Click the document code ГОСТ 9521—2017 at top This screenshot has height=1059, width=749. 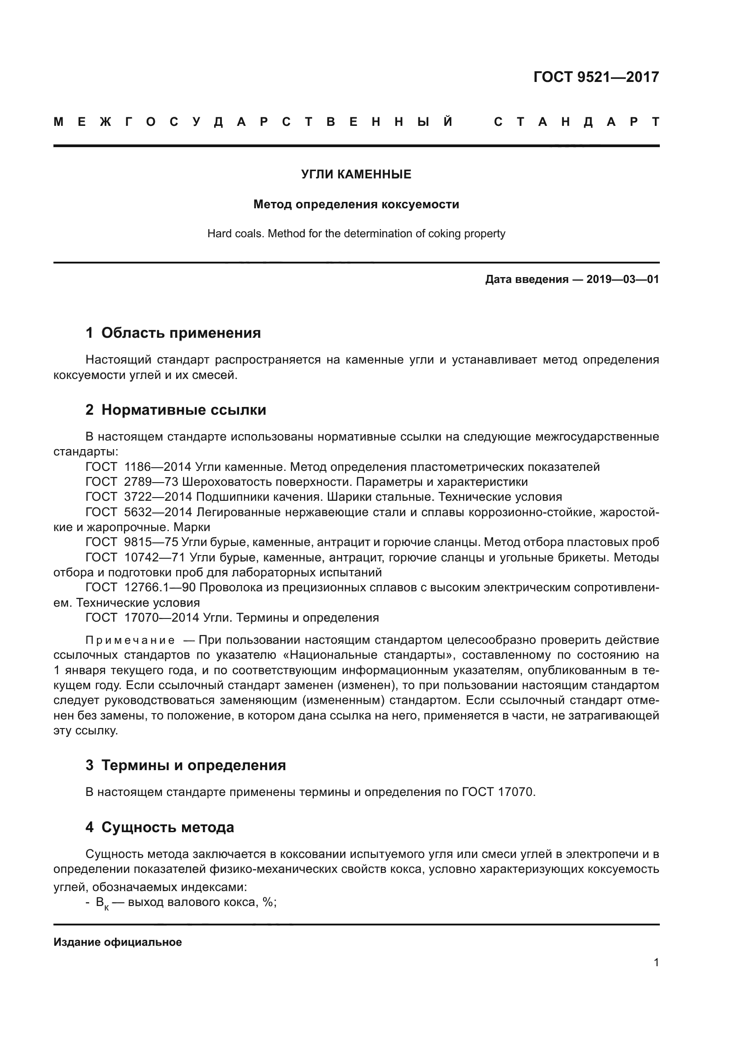pos(596,77)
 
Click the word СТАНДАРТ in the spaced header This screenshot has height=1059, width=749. pos(576,122)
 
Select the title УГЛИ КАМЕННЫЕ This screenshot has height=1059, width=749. pos(356,174)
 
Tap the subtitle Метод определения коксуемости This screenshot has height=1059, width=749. pos(356,204)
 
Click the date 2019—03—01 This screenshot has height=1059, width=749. pos(623,279)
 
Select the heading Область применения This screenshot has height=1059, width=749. pos(181,333)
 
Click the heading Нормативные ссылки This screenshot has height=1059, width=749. pos(183,410)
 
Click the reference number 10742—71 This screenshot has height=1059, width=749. pos(154,557)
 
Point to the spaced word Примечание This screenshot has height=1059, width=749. pos(130,640)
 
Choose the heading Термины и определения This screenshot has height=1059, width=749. pos(193,765)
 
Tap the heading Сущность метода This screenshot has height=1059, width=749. pos(168,827)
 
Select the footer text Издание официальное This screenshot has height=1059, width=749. pos(118,942)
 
